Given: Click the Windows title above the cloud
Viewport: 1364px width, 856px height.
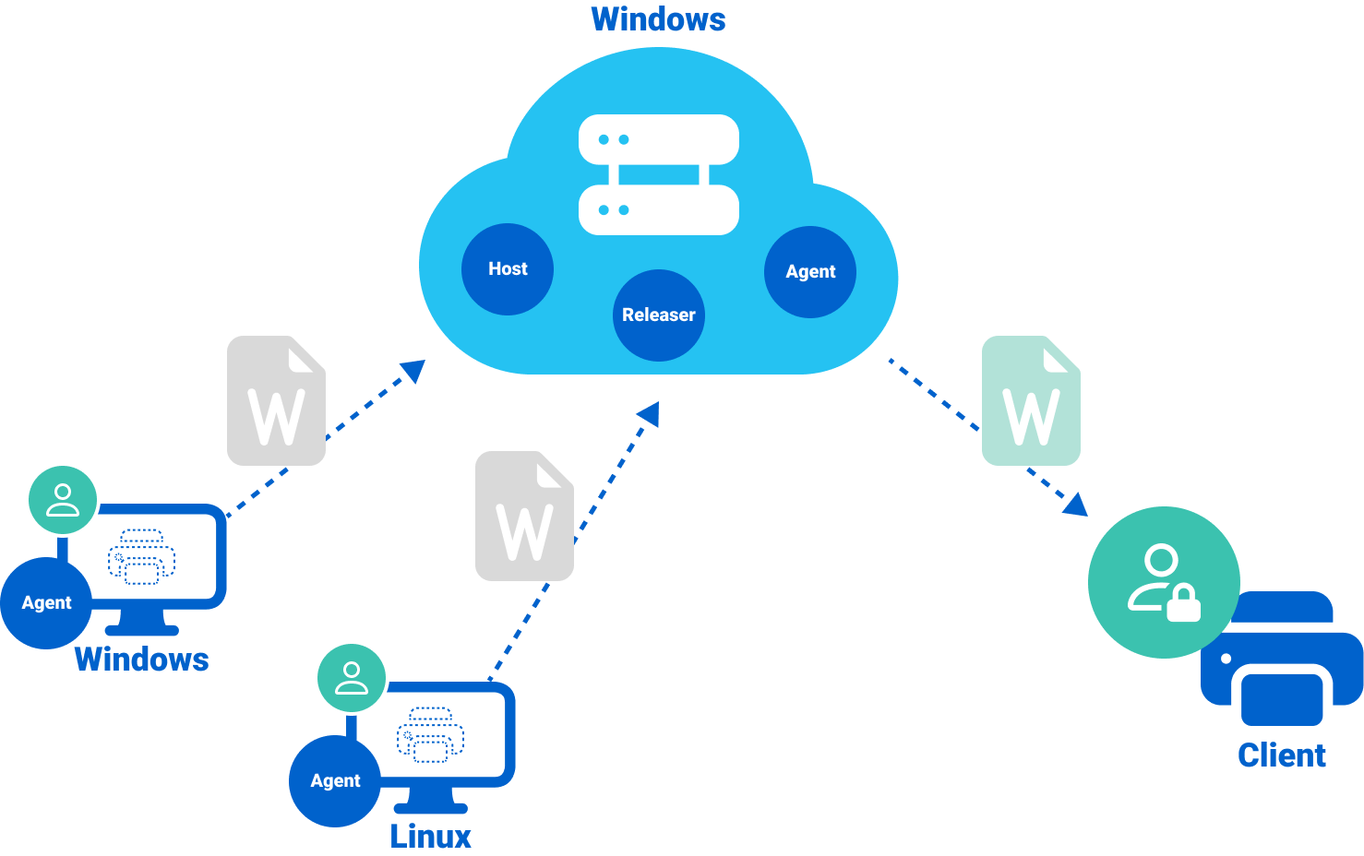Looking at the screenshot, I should tap(658, 19).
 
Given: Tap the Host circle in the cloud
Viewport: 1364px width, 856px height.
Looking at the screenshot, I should tap(508, 268).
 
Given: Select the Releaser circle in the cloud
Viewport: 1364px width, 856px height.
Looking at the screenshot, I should tap(659, 315).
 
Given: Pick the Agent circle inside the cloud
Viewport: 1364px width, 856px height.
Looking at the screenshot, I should tap(810, 271).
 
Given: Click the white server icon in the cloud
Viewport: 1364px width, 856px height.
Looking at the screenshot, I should tap(659, 174).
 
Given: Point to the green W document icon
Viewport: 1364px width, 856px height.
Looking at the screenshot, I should tap(1031, 401).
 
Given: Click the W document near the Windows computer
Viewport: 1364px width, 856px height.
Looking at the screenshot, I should tap(276, 401).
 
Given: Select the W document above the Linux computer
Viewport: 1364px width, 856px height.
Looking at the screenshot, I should tap(524, 517).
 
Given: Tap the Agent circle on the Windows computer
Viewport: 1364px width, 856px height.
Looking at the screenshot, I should tap(46, 602).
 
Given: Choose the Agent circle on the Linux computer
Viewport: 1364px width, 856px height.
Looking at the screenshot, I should tap(335, 780).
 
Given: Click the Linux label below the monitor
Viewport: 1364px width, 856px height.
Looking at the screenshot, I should tap(430, 837).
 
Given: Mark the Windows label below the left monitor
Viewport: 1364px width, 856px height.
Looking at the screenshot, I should tap(141, 659).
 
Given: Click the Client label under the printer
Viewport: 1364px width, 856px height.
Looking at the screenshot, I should tap(1282, 755).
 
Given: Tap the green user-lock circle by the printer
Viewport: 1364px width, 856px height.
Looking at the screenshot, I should tap(1163, 582).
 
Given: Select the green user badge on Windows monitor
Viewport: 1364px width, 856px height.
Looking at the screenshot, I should tap(63, 499).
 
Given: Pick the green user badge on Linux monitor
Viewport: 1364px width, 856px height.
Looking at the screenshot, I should tap(352, 677).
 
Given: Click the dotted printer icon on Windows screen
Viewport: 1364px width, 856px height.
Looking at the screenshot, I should tap(141, 556).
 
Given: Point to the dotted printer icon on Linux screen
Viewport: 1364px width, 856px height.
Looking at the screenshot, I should tap(430, 734).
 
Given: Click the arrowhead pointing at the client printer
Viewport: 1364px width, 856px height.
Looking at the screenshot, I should tap(1076, 505).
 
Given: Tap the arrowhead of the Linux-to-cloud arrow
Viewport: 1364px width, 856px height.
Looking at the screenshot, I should tap(650, 413).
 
